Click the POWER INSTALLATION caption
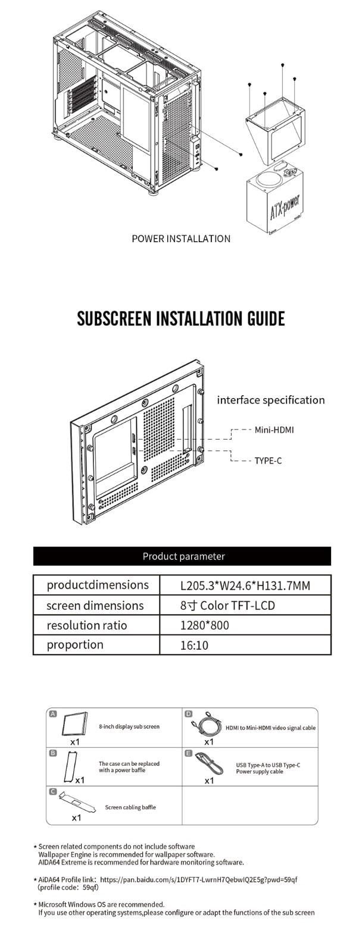(180, 239)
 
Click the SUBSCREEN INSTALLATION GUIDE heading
(181, 318)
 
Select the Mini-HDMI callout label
(274, 430)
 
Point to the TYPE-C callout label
(268, 461)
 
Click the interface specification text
(271, 400)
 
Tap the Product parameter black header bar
(182, 556)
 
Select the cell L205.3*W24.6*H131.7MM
(245, 585)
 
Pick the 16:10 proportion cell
(194, 646)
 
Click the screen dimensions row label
(95, 606)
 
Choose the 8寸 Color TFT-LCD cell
(227, 606)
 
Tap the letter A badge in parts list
(53, 713)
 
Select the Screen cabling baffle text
(130, 807)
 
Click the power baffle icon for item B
(70, 767)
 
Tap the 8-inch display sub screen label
(129, 726)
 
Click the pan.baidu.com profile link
(198, 879)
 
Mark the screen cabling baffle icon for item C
(77, 803)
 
